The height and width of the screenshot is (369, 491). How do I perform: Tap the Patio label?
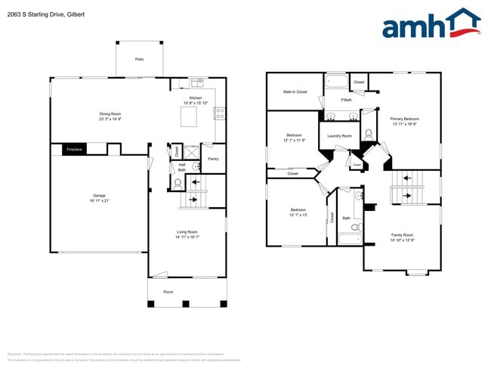(139, 59)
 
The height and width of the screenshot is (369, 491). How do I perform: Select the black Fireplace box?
(73, 150)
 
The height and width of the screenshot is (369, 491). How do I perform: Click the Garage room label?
(99, 195)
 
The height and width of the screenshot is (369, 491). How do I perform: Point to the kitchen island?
(187, 117)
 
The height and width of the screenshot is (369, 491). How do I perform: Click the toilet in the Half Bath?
(178, 183)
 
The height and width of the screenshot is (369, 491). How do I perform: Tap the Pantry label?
(213, 159)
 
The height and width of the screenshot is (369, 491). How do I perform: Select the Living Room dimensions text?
(187, 237)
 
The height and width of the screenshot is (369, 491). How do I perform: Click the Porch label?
(168, 291)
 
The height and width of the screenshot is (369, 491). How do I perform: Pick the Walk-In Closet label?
(295, 91)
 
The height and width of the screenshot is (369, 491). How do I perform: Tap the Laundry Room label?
(339, 136)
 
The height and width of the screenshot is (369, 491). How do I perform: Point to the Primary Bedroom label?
(404, 119)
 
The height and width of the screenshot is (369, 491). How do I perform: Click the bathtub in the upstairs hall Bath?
(348, 241)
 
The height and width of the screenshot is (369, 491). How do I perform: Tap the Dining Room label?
(110, 114)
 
